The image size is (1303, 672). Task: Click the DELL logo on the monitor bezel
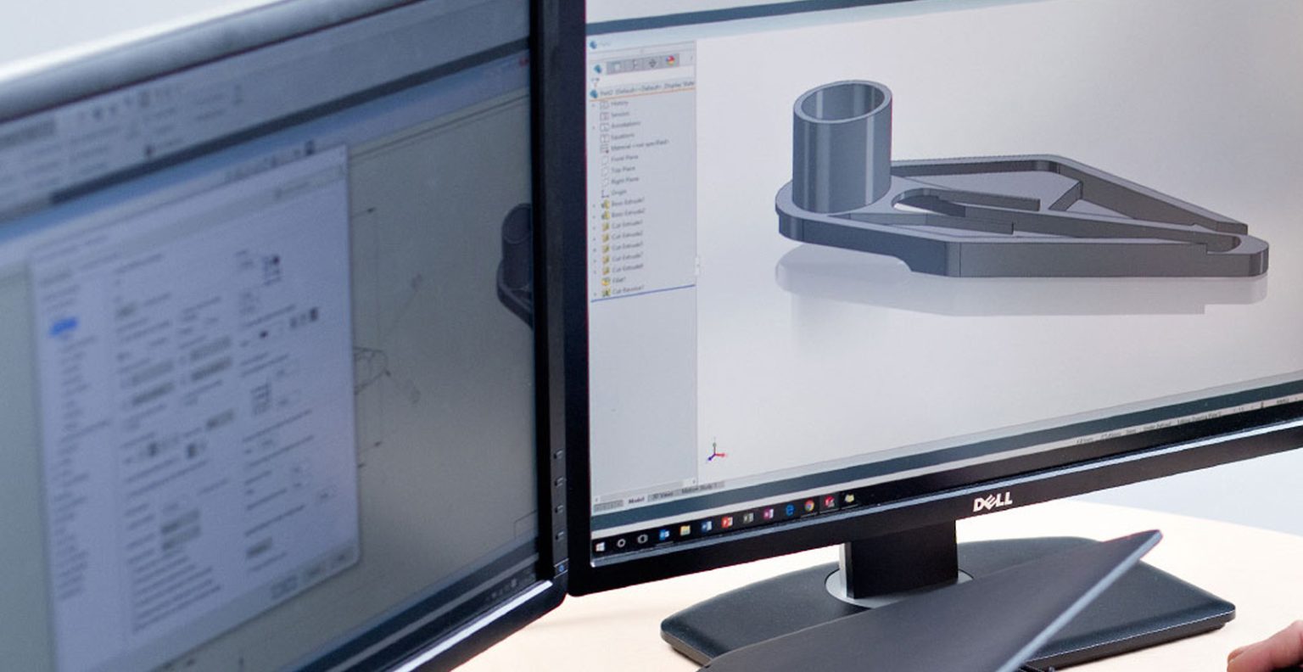click(x=992, y=502)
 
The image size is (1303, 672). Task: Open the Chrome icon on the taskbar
click(x=809, y=506)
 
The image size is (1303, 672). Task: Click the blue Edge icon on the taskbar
click(x=789, y=510)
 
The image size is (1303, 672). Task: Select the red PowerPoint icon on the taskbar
click(x=726, y=521)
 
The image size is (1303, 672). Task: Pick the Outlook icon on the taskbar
click(x=664, y=534)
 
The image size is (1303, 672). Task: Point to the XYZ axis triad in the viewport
click(x=715, y=452)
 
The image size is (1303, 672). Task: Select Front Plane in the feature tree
click(x=626, y=157)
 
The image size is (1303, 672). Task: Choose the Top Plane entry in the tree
click(x=624, y=169)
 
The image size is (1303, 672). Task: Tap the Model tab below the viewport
click(x=635, y=500)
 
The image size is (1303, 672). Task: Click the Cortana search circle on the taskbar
click(x=622, y=542)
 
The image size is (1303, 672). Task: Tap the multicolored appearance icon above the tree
click(x=671, y=61)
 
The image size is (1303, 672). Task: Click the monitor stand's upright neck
click(x=899, y=560)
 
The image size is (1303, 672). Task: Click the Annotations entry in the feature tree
click(x=626, y=125)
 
